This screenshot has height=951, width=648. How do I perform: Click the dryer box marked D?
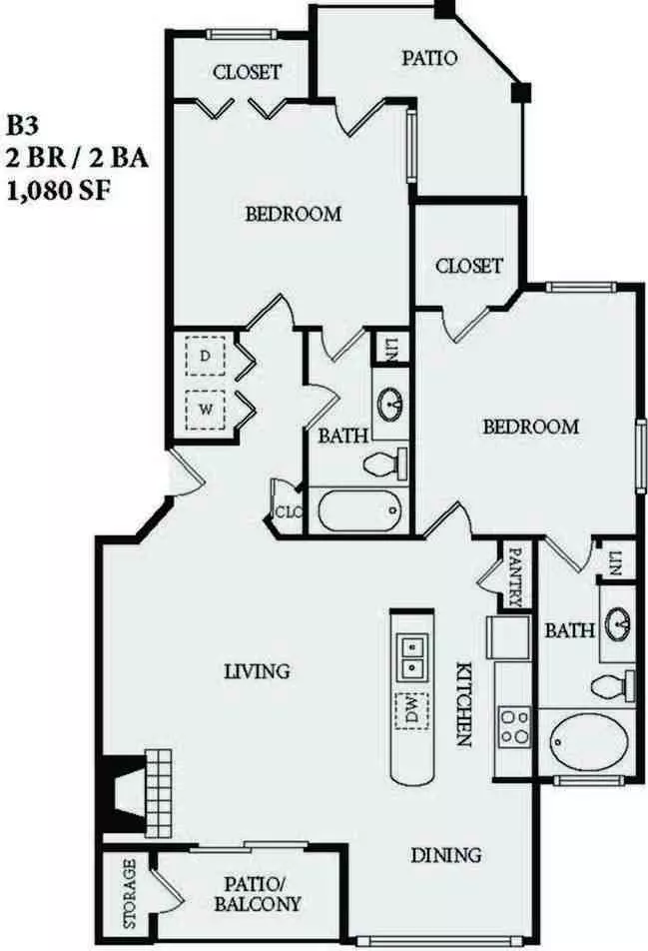205,357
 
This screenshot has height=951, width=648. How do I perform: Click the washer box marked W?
205,410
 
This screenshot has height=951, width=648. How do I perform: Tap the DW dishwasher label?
411,711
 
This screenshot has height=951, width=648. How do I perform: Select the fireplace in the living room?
137,792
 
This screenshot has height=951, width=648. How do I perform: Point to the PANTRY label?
515,577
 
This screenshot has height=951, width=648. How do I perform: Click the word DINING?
446,855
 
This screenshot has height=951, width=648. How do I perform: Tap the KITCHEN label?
463,703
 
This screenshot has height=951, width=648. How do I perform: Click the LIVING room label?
257,671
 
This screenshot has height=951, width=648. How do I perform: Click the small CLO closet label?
289,511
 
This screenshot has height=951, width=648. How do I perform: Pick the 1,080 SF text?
59,192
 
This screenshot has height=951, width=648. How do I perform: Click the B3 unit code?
22,126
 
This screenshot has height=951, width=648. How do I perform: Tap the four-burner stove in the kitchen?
514,727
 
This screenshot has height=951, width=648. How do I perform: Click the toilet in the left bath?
385,465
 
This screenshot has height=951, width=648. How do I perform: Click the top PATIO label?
429,58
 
